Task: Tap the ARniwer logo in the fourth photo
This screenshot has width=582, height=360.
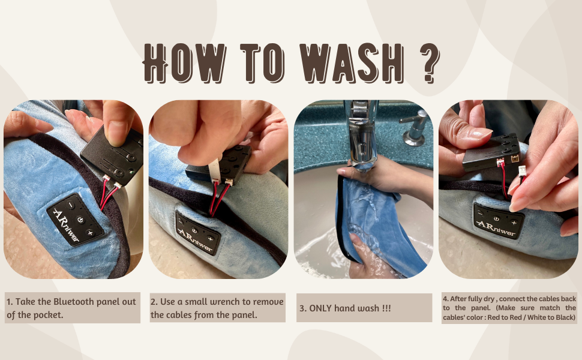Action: pyautogui.click(x=496, y=227)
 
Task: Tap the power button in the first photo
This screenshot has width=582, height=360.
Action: pyautogui.click(x=81, y=217)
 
